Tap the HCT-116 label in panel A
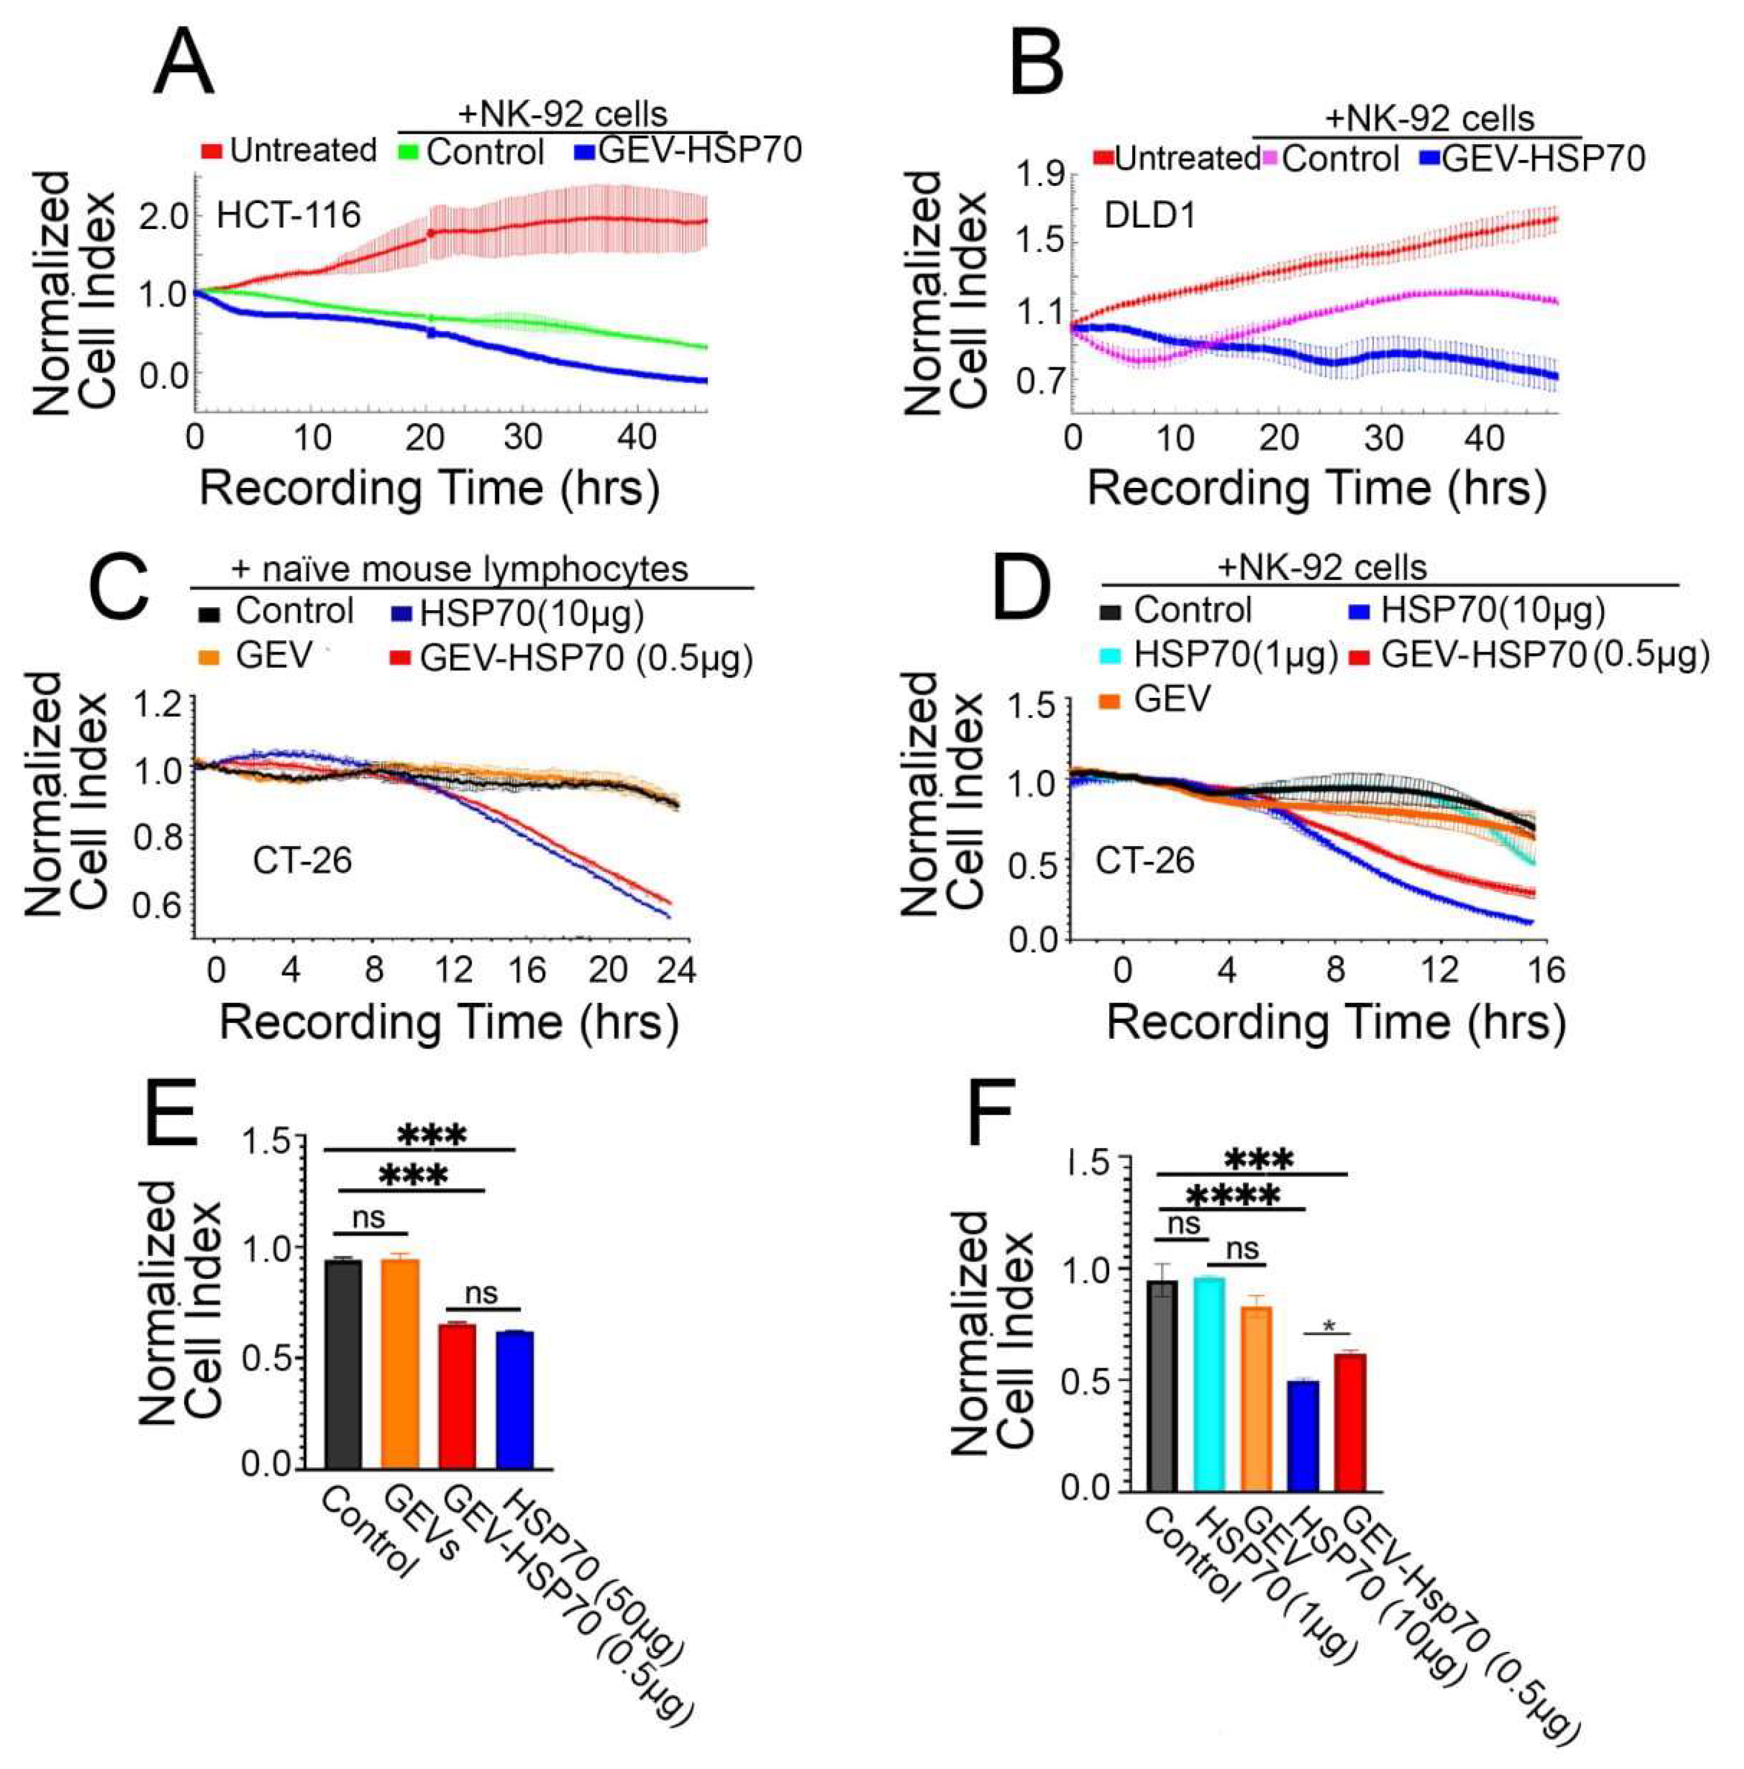click(x=289, y=215)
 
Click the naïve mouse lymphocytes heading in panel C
click(x=460, y=569)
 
